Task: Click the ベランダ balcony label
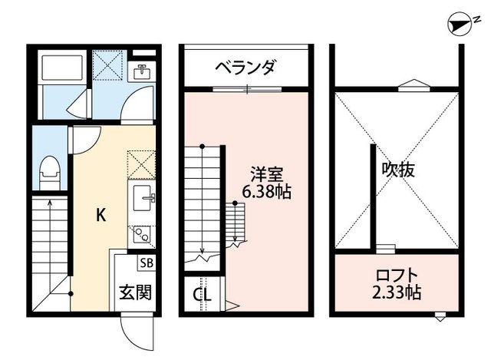tap(245, 68)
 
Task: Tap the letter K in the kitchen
tap(101, 216)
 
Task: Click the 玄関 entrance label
tap(134, 292)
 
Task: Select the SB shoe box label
tap(145, 263)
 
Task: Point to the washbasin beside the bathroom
tap(143, 74)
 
